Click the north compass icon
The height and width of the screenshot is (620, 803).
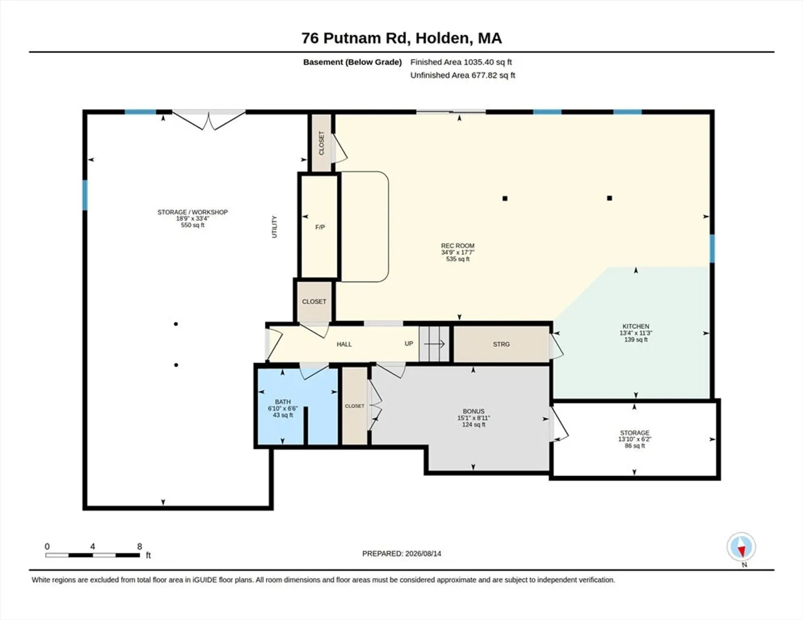[x=741, y=547]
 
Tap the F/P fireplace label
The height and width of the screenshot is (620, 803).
[x=320, y=227]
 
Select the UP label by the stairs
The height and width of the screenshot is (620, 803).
[x=408, y=343]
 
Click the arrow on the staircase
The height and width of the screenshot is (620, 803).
[x=434, y=344]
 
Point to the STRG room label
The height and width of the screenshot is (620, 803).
[x=501, y=344]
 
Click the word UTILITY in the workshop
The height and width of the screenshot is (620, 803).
[x=274, y=227]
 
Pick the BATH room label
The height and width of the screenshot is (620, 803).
[x=283, y=402]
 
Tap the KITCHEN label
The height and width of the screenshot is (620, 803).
[x=636, y=327]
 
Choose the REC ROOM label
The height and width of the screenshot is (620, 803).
[x=457, y=246]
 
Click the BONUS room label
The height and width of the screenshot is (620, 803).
[x=473, y=412]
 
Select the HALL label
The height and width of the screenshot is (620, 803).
[x=344, y=344]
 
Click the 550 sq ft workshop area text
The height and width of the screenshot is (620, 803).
[x=192, y=225]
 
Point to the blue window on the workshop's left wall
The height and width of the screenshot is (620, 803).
[x=85, y=195]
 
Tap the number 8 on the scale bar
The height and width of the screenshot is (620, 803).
[x=140, y=547]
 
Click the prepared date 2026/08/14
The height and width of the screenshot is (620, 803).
[x=423, y=554]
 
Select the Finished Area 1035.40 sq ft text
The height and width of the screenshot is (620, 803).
[x=461, y=62]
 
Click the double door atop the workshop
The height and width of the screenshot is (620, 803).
[x=209, y=119]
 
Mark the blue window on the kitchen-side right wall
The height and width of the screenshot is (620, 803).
[x=712, y=249]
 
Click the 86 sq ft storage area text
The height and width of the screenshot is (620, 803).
[x=635, y=446]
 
